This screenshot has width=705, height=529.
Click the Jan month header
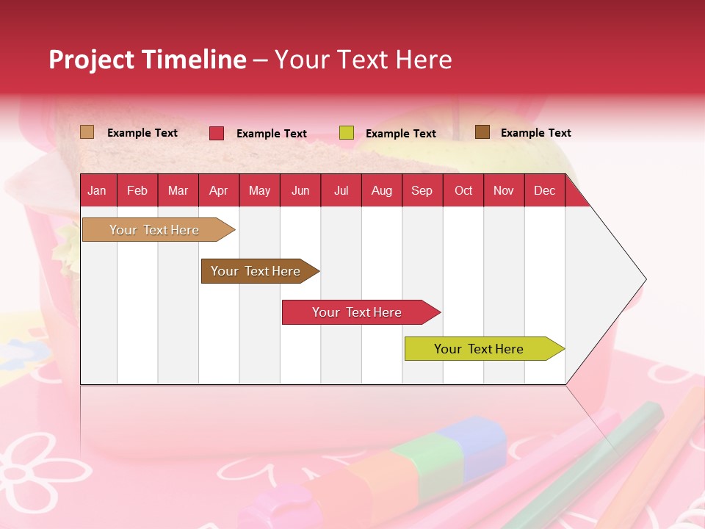click(x=97, y=190)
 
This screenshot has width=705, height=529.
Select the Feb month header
click(x=137, y=190)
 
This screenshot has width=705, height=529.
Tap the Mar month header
click(x=178, y=190)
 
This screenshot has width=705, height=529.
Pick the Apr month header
click(x=218, y=190)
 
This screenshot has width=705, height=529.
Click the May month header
click(x=259, y=190)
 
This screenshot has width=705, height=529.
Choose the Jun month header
click(x=300, y=190)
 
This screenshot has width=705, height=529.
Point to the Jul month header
click(x=341, y=190)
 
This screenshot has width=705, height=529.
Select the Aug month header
click(x=381, y=190)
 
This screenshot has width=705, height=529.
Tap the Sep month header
click(x=422, y=190)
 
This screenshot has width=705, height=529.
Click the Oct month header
click(x=463, y=190)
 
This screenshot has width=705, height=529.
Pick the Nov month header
click(x=504, y=190)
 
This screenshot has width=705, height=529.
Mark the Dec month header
click(x=544, y=190)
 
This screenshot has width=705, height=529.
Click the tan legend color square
click(x=87, y=132)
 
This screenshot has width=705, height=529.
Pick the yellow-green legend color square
click(x=347, y=133)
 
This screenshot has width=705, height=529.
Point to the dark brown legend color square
click(x=482, y=132)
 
